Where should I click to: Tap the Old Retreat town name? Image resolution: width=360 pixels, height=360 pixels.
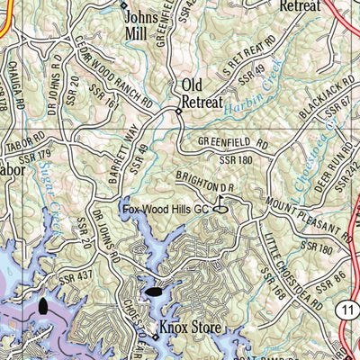click(202, 94)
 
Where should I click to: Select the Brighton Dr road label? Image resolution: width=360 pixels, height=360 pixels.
click(204, 181)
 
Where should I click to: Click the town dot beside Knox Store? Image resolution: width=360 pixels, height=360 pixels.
click(154, 337)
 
